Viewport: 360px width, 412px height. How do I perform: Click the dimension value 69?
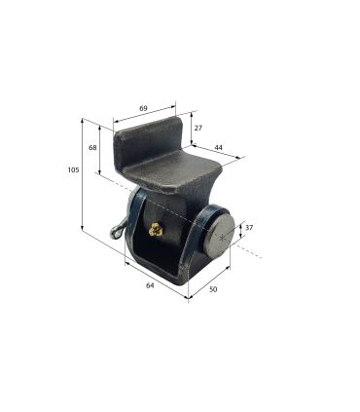pos(143,108)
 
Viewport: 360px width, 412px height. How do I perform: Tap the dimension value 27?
pos(198,128)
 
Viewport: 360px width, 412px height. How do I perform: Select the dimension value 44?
pos(219,147)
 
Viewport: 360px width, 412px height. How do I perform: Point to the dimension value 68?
pos(92,147)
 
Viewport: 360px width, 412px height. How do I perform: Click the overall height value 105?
pos(73,169)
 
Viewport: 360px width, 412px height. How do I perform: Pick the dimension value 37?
pos(249,228)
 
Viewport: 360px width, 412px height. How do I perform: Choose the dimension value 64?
pos(150,285)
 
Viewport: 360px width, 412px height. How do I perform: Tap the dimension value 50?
pos(213,289)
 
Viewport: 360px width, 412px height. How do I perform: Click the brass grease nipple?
pos(156,229)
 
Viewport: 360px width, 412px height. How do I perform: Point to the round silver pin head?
pos(220,233)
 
